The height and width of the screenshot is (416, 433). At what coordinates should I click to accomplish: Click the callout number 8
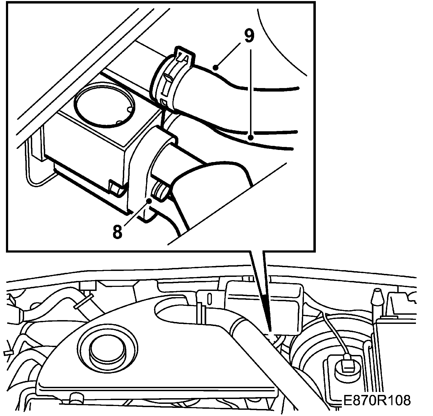click(x=117, y=232)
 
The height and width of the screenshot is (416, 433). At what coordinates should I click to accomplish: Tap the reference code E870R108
click(x=377, y=401)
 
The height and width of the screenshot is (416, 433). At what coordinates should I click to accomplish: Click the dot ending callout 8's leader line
click(x=149, y=201)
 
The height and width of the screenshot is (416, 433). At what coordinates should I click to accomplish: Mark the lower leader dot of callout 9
click(x=251, y=138)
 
